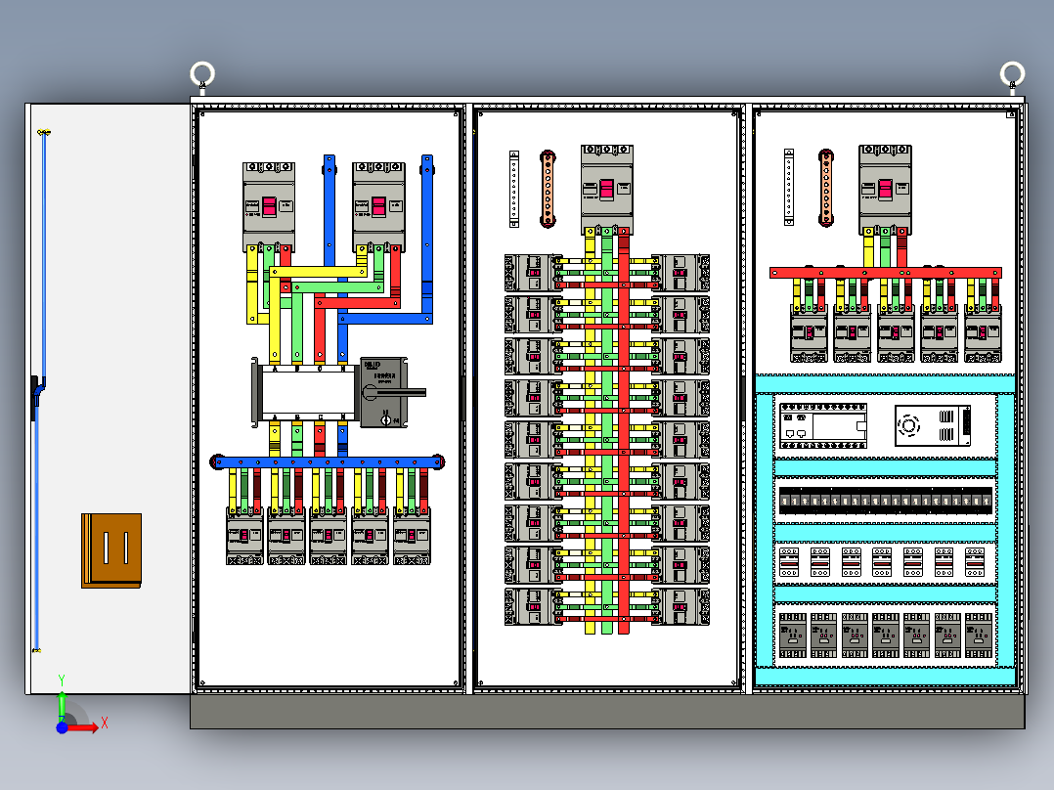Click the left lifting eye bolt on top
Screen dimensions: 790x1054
coord(202,74)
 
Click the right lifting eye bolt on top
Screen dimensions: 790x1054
coord(1012,73)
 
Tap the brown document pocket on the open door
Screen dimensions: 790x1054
coord(111,549)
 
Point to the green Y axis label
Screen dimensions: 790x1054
coord(61,679)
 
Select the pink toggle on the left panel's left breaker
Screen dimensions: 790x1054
coord(268,206)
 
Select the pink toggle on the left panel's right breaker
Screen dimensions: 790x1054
coord(377,206)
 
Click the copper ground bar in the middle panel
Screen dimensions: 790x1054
coord(549,189)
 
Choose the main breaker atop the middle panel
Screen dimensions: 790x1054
coord(607,188)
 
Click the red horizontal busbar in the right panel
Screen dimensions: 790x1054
coord(885,273)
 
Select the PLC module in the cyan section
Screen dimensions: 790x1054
coord(822,424)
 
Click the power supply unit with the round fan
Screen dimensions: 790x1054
coord(933,425)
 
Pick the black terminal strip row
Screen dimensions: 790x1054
coord(886,501)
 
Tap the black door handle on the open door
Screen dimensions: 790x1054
coord(36,396)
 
